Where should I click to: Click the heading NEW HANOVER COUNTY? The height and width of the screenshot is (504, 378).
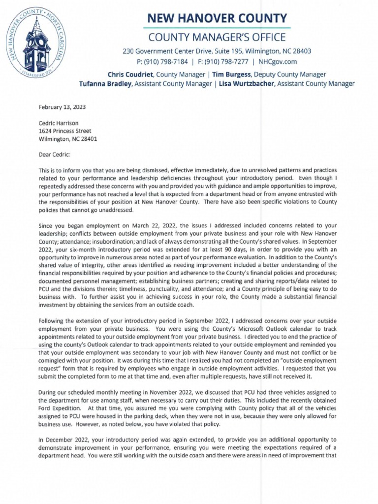(217, 19)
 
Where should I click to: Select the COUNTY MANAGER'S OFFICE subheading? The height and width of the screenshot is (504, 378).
(217, 37)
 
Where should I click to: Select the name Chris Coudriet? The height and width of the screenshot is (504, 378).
(130, 74)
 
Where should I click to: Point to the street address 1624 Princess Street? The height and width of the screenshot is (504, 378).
(65, 131)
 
